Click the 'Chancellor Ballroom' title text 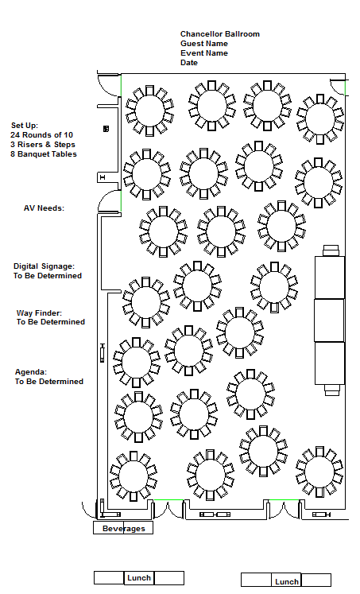tap(220, 34)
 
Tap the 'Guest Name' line tap(204, 44)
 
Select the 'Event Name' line tap(204, 53)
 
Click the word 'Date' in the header tap(189, 63)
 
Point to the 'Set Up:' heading tap(24, 126)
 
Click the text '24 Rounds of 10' tap(41, 135)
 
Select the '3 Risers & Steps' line tap(43, 145)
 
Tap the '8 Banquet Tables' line tap(44, 154)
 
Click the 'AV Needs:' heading tap(44, 208)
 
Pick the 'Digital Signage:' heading tap(44, 266)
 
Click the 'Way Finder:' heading tap(39, 313)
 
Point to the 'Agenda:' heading tap(31, 372)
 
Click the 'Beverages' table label tap(123, 529)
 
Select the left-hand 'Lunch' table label tap(139, 578)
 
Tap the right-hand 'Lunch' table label tap(287, 582)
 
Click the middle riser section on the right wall tap(330, 320)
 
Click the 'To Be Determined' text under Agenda tap(49, 382)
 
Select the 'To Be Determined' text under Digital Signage tap(48, 276)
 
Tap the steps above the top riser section tap(331, 250)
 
